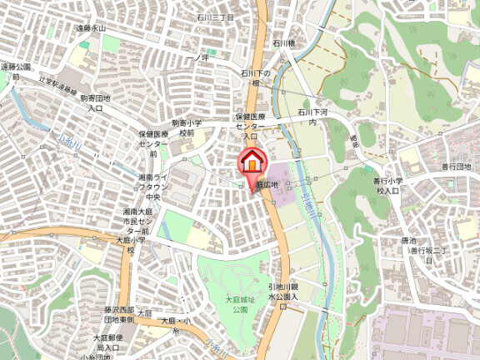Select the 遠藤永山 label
pyautogui.click(x=91, y=27)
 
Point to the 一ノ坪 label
pyautogui.click(x=197, y=57)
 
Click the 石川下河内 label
pyautogui.click(x=312, y=116)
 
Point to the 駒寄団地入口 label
pyautogui.click(x=96, y=102)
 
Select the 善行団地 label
pyautogui.click(x=457, y=167)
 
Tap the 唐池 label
pyautogui.click(x=408, y=240)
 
